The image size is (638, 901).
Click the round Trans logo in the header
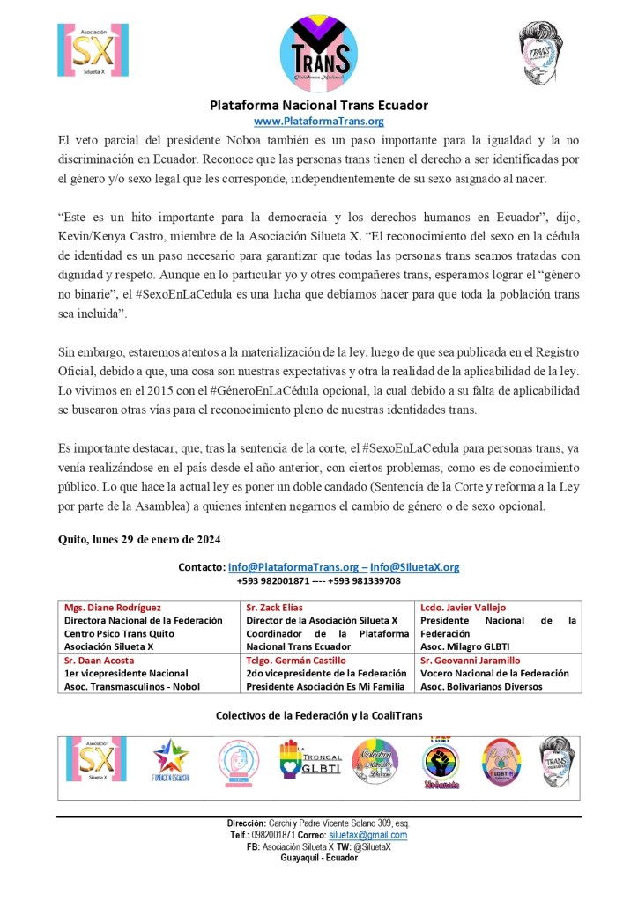coord(318,50)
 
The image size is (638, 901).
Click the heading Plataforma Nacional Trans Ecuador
coord(318,105)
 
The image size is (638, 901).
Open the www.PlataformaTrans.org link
coord(318,122)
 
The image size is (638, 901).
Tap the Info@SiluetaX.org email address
coord(414,567)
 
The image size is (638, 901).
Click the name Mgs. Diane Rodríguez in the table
coord(111,608)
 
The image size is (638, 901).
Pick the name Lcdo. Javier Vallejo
coord(463,608)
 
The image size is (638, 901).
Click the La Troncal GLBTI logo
coord(305,759)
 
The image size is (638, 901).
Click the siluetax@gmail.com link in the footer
coord(367,835)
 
